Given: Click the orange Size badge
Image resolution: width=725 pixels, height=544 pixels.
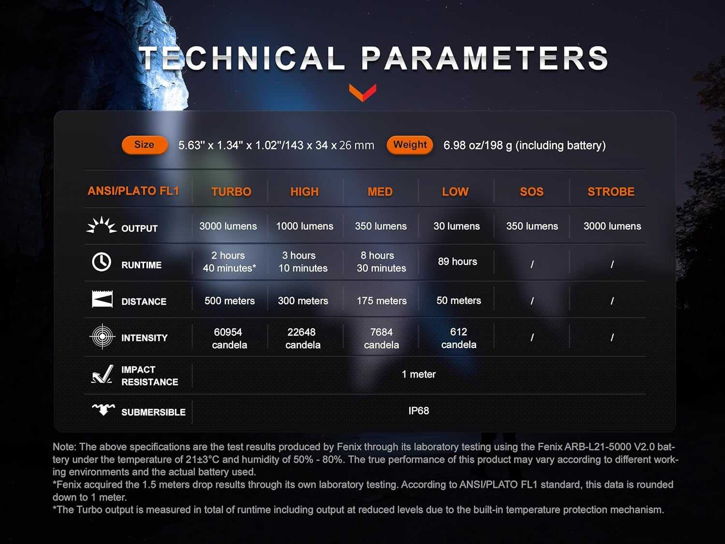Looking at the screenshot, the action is click(145, 145).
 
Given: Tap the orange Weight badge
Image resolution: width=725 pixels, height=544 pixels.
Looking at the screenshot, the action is click(409, 145).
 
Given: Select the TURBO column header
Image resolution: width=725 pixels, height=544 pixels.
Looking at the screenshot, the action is click(231, 191).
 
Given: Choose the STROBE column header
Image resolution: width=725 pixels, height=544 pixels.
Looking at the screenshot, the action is click(611, 191).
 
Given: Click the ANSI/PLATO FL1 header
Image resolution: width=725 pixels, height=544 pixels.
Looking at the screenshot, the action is click(133, 191).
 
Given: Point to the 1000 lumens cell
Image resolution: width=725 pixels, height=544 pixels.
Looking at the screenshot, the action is click(304, 226).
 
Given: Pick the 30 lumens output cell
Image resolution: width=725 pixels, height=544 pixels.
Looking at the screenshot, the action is click(456, 226).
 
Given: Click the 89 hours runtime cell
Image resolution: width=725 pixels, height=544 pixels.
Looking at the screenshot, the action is click(457, 262).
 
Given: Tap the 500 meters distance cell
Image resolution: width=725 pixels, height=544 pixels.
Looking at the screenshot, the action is click(230, 301).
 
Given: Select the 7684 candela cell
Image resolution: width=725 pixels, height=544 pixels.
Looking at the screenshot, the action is click(381, 338).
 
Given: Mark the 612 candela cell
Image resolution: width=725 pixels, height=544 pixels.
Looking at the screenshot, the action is click(459, 338).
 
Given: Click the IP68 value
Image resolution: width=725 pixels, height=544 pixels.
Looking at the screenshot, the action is click(419, 411).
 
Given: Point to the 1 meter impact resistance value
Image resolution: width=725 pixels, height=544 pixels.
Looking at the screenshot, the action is click(419, 374).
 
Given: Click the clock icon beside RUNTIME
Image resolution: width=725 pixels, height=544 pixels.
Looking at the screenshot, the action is click(101, 262).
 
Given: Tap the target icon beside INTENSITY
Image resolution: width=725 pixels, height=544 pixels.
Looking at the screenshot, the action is click(102, 336).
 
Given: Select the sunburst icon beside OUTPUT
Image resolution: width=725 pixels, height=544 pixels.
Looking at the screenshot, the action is click(101, 225).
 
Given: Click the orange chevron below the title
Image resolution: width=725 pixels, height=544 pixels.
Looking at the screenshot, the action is click(362, 92).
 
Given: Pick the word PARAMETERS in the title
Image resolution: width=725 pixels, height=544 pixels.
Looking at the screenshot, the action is click(485, 58).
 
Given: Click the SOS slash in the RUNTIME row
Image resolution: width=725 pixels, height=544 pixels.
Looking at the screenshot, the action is click(532, 264).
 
